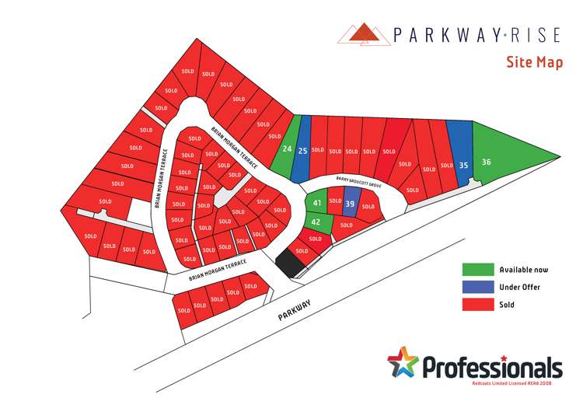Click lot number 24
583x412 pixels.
tap(287, 148)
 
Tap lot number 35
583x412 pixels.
tap(463, 165)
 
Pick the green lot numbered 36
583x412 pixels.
tap(487, 162)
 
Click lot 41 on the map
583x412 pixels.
tap(316, 203)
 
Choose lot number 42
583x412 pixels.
tap(316, 222)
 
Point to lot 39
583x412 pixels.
tap(350, 204)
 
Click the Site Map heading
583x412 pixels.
tap(534, 62)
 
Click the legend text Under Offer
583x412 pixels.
tap(520, 287)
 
